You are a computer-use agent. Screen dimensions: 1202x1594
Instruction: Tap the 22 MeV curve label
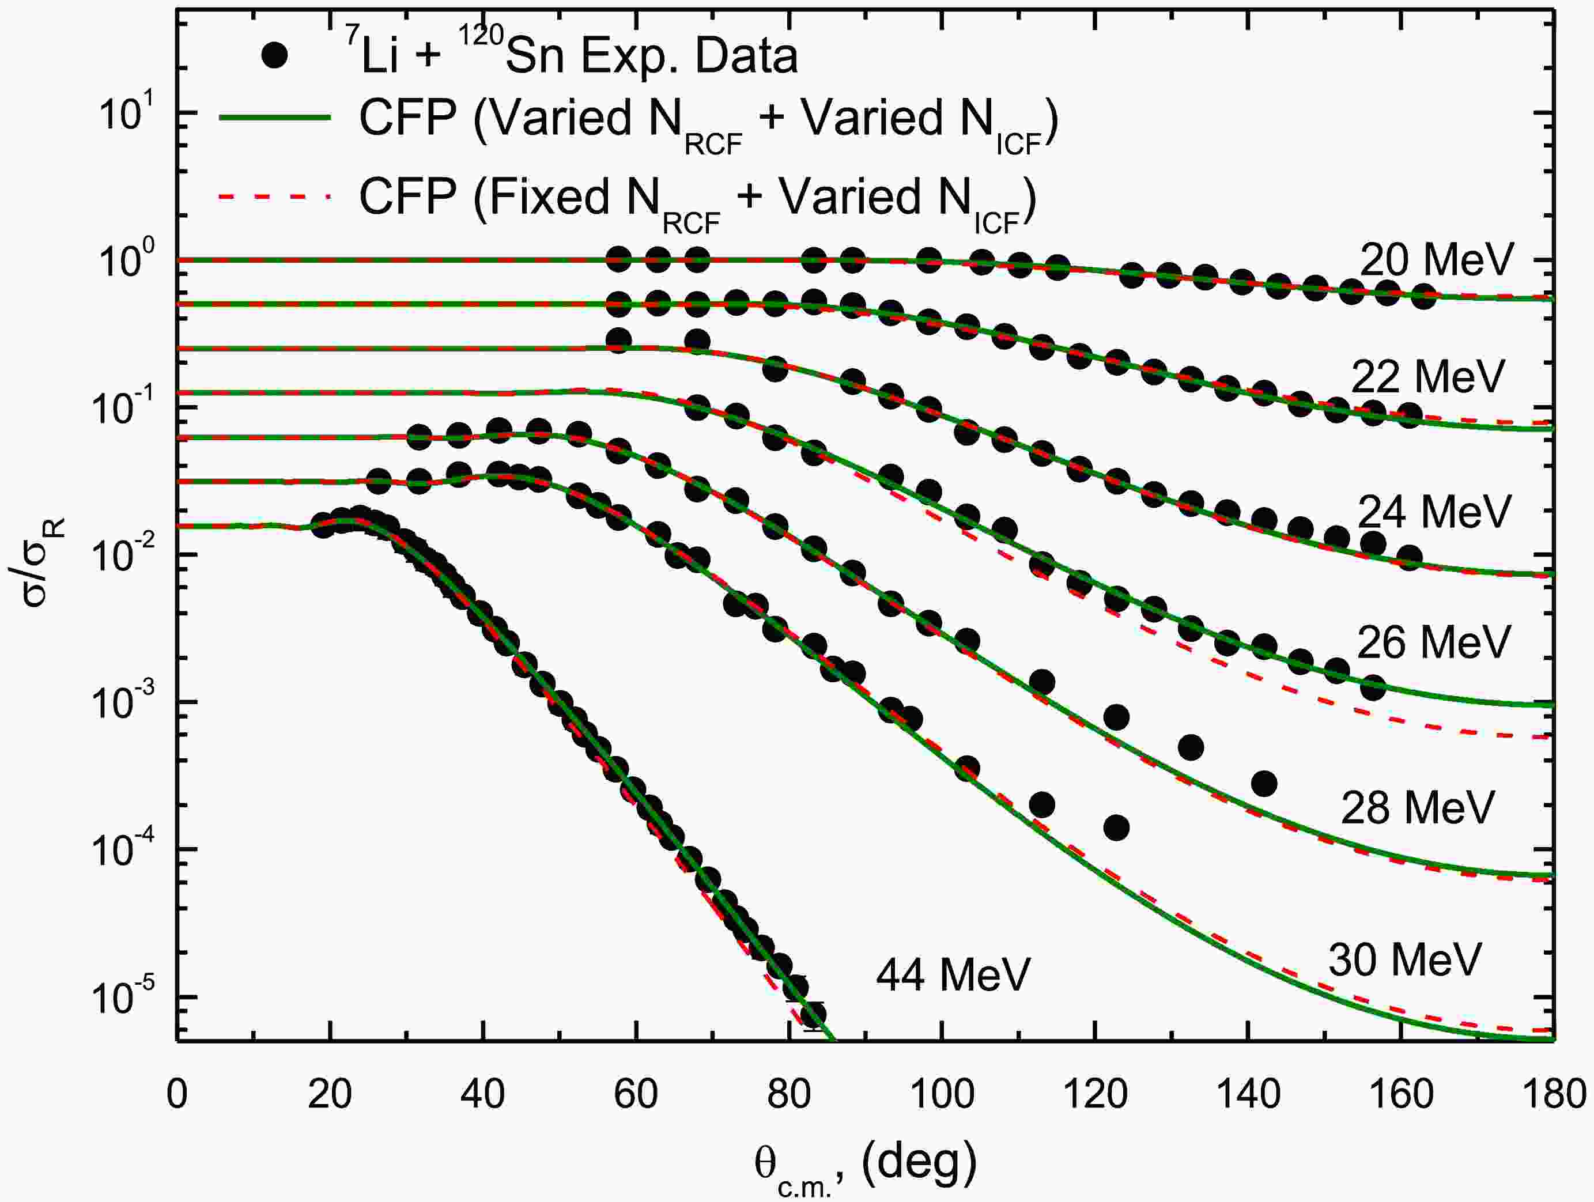coord(1427,376)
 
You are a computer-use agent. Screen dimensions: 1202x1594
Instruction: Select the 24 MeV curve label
coord(1433,511)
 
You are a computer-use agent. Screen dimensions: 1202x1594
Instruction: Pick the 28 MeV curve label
coord(1418,807)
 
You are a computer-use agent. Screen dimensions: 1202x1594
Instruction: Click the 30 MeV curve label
coord(1404,959)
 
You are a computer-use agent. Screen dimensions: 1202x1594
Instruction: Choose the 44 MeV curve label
coord(953,975)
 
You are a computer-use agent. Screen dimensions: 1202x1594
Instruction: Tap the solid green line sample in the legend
coord(274,119)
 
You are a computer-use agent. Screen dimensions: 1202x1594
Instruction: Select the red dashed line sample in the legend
coord(274,196)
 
